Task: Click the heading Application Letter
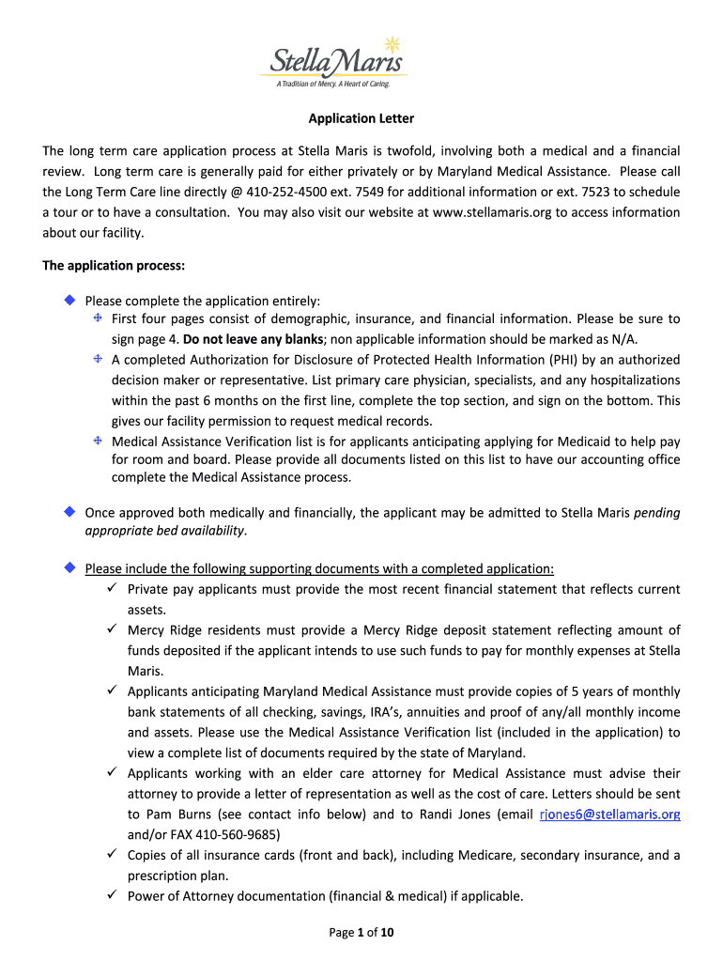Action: pyautogui.click(x=361, y=119)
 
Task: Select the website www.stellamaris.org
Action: pyautogui.click(x=495, y=212)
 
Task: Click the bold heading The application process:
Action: pyautogui.click(x=114, y=266)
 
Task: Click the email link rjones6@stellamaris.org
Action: pyautogui.click(x=609, y=815)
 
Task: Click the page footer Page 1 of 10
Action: pyautogui.click(x=361, y=933)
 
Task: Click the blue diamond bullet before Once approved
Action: pyautogui.click(x=69, y=512)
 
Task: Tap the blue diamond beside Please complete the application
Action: pyautogui.click(x=69, y=301)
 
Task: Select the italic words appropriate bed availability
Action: pyautogui.click(x=165, y=531)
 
